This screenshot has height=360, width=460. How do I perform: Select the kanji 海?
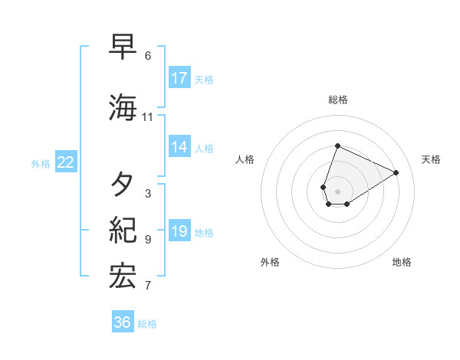123,107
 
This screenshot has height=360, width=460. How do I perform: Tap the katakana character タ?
123,185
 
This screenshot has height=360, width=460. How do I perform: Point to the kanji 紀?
123,231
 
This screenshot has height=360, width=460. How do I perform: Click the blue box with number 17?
179,78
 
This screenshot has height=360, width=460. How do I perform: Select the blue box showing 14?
179,147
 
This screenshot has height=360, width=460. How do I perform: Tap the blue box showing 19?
179,231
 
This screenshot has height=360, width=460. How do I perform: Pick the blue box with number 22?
66,162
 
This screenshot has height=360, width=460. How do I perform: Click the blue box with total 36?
123,322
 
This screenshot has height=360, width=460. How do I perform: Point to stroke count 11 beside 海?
148,117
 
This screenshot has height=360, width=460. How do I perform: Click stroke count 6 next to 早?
148,56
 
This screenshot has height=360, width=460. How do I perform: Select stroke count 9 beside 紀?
148,240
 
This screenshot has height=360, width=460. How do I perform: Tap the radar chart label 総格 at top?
338,100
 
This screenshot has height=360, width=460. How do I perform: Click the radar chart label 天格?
431,159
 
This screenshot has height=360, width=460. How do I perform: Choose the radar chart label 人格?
245,159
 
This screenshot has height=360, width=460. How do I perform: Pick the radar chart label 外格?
270,262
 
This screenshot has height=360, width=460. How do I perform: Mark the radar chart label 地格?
402,262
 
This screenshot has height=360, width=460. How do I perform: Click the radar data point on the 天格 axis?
396,172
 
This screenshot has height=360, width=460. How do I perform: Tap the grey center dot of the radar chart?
338,191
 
